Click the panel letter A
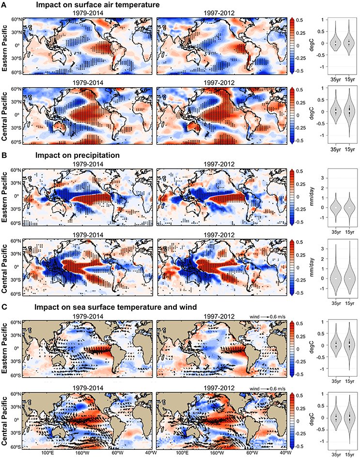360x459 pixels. [x=3, y=5]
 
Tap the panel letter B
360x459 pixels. [x=3, y=155]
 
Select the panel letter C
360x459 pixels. [x=3, y=307]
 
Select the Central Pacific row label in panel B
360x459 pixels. [x=5, y=268]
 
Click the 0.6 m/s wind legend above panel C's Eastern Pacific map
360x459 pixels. [x=267, y=317]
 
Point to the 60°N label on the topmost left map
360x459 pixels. [x=18, y=20]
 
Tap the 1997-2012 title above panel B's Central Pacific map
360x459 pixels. [x=219, y=235]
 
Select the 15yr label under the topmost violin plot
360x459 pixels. [x=349, y=79]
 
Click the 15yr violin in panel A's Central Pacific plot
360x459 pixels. [x=349, y=112]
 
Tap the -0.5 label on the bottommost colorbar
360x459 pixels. [x=301, y=446]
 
